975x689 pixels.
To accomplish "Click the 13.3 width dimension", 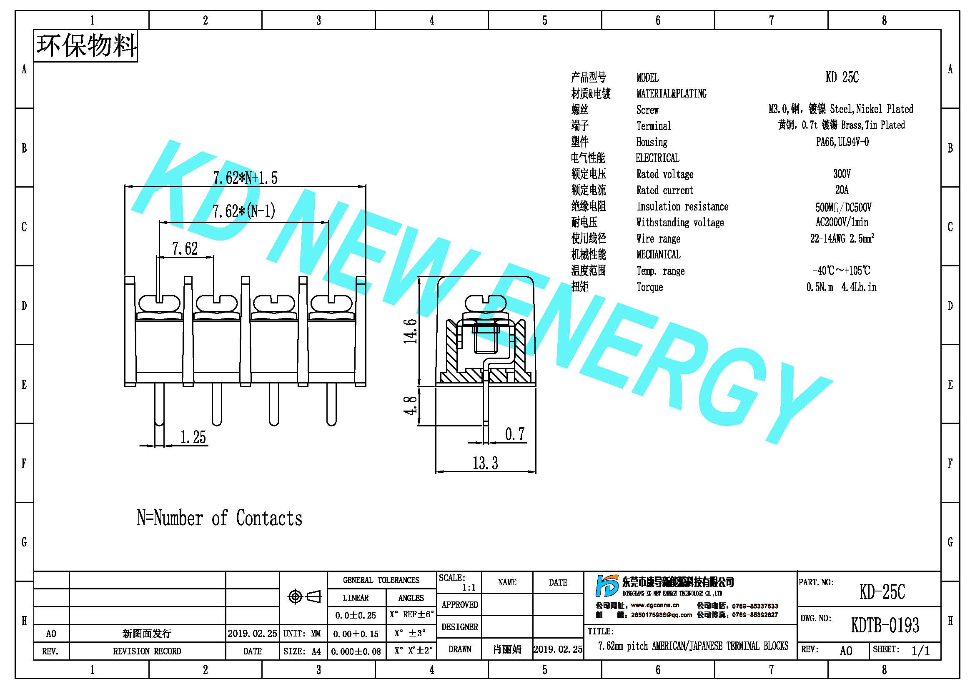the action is click(485, 463).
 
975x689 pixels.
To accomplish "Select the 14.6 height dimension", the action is click(410, 331).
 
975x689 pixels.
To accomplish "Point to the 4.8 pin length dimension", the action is click(410, 406).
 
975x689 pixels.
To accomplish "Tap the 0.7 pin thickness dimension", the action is click(515, 434).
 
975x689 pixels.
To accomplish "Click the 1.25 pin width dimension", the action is click(193, 437).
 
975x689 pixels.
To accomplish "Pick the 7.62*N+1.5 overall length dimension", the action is click(245, 178).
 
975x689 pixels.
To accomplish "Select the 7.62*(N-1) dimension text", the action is click(244, 211).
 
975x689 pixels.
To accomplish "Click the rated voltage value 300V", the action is click(842, 174).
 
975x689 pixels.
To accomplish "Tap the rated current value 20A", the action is click(842, 190).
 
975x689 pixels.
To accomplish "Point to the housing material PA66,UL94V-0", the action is click(842, 142).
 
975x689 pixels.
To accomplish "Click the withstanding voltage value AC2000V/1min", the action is click(842, 222).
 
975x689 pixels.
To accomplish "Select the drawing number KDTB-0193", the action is click(885, 625).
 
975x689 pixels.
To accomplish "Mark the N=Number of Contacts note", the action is click(219, 518).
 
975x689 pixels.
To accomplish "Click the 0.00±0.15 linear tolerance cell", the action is click(356, 634).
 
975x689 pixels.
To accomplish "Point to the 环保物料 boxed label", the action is click(86, 46).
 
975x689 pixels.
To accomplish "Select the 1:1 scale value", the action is click(469, 588).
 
